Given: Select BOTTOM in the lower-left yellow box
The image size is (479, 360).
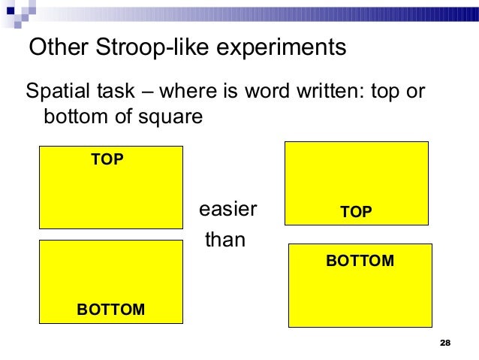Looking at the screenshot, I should (x=111, y=310).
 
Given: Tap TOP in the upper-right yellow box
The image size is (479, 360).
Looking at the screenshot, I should (x=356, y=212).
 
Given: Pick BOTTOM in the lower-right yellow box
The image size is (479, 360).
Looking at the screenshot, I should (x=360, y=261).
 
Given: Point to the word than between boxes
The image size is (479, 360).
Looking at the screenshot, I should (x=225, y=241).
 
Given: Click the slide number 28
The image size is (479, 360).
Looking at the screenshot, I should (x=444, y=343).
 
